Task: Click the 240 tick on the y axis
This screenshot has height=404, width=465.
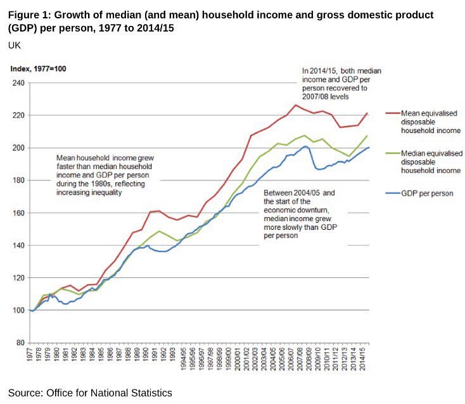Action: point(18,83)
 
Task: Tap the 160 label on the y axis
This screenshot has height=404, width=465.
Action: point(18,213)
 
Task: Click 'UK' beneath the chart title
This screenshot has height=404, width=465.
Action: point(15,46)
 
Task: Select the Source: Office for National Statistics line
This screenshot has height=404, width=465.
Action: point(90,393)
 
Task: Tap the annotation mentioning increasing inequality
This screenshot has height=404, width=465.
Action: point(106,174)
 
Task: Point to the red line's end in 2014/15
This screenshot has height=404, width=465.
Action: point(367,113)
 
